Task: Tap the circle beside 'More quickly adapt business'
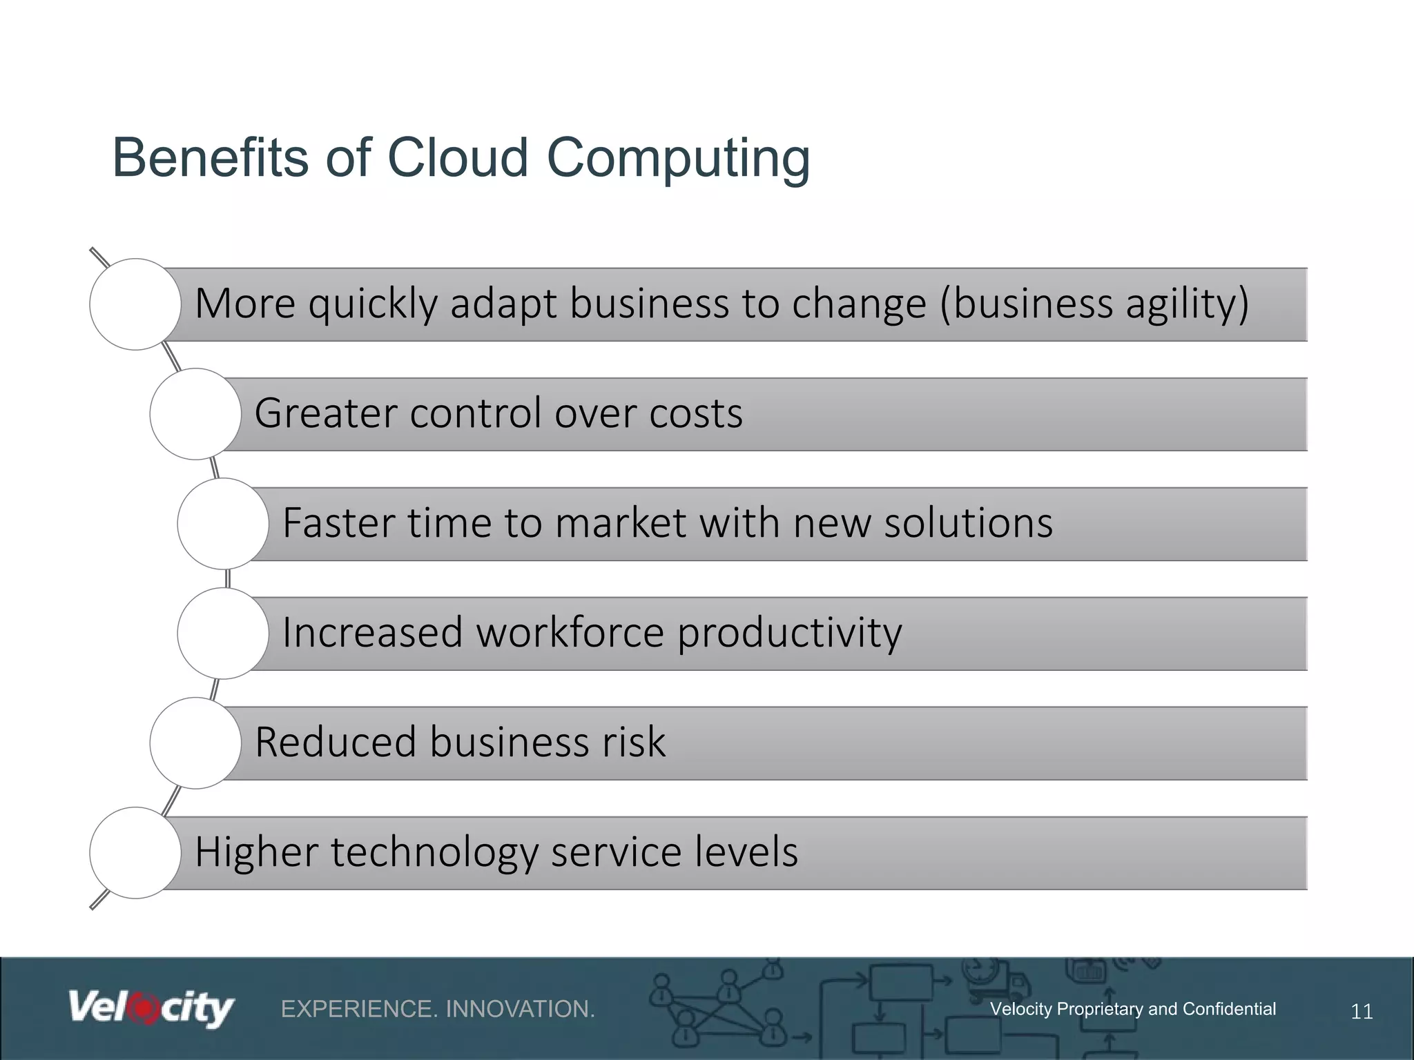[135, 304]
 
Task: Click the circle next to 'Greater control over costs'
[195, 414]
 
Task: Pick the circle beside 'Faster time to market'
[223, 524]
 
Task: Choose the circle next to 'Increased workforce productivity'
[223, 634]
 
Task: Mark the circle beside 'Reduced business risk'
[195, 743]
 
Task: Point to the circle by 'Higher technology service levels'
[135, 853]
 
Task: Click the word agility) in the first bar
[1187, 304]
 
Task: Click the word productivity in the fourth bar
[789, 634]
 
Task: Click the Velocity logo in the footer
[151, 1010]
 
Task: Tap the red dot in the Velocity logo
[144, 1008]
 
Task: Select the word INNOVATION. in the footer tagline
[520, 1010]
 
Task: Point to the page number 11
[1362, 1012]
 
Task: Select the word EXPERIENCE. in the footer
[359, 1010]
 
